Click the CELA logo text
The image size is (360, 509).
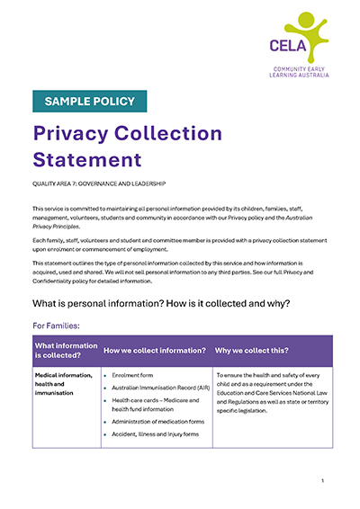287,45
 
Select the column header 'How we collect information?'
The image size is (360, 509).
155,350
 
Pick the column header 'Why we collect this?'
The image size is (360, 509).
252,350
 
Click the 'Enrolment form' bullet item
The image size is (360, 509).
134,374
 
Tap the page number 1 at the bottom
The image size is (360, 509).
322,482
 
